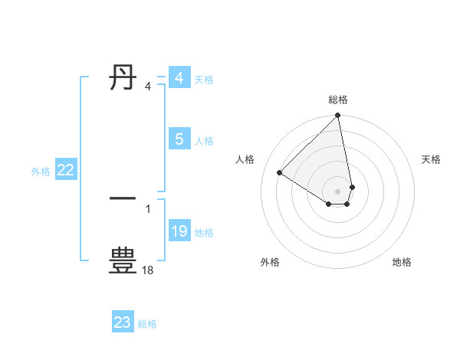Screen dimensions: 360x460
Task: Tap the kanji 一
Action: pyautogui.click(x=123, y=198)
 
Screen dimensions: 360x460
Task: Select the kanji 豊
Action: pyautogui.click(x=123, y=260)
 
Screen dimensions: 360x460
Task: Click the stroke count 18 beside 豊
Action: pyautogui.click(x=148, y=270)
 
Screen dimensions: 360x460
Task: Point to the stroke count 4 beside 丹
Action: pyautogui.click(x=148, y=87)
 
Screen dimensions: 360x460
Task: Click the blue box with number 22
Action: pyautogui.click(x=66, y=171)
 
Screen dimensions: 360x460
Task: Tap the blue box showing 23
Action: pyautogui.click(x=123, y=322)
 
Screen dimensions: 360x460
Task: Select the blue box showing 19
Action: pyautogui.click(x=179, y=231)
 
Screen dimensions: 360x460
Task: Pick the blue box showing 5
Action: pyautogui.click(x=179, y=139)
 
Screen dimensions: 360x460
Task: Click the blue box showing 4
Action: pyautogui.click(x=179, y=78)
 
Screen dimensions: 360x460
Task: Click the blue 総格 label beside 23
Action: pyautogui.click(x=147, y=324)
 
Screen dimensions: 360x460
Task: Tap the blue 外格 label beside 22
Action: pyautogui.click(x=41, y=172)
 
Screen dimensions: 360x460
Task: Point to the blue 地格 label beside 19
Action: pyautogui.click(x=204, y=232)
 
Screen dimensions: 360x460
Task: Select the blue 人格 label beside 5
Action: pyautogui.click(x=204, y=140)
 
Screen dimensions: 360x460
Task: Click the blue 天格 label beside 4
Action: pyautogui.click(x=204, y=79)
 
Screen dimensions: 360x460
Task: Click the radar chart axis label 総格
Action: pyautogui.click(x=338, y=100)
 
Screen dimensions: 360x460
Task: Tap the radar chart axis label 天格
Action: pyautogui.click(x=431, y=159)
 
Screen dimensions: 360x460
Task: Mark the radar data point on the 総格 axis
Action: pyautogui.click(x=338, y=116)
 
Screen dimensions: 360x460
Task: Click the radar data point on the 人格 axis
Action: pyautogui.click(x=280, y=172)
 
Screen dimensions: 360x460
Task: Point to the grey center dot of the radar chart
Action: pyautogui.click(x=338, y=191)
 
